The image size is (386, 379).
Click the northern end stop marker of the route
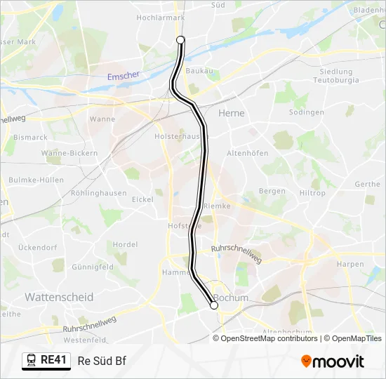click(x=180, y=40)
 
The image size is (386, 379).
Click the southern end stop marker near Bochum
click(x=214, y=305)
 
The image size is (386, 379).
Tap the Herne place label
click(x=231, y=112)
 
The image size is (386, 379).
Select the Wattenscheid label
click(x=59, y=297)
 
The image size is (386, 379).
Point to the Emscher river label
click(x=124, y=75)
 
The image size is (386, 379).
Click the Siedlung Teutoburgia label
click(x=335, y=76)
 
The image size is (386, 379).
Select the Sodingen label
click(x=305, y=112)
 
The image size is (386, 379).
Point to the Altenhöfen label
click(x=248, y=152)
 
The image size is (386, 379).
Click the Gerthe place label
click(x=368, y=185)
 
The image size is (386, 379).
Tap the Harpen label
click(x=350, y=264)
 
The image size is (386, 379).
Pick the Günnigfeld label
click(x=93, y=267)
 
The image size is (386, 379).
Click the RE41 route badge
click(x=46, y=361)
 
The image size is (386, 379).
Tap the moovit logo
click(x=333, y=361)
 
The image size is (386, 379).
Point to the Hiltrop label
click(x=312, y=193)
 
